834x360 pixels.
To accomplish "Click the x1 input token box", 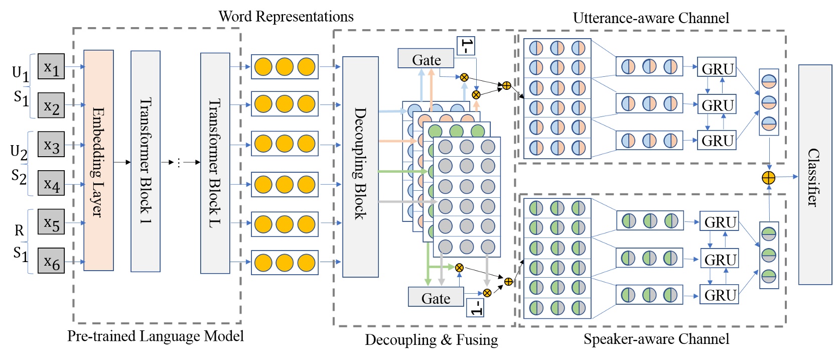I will (51, 67).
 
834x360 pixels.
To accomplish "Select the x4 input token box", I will (51, 184).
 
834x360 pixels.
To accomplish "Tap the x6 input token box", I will (51, 261).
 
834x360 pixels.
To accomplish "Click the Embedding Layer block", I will (98, 161).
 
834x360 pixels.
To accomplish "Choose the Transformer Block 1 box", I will (146, 161).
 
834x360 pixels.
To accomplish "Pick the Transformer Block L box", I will (215, 163).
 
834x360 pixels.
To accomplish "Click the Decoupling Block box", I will (360, 167).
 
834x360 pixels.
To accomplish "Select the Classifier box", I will (815, 175).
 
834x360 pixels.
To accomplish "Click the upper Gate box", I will (426, 59).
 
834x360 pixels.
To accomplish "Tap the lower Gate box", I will (436, 297).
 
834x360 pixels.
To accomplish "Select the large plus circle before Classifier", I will (768, 178).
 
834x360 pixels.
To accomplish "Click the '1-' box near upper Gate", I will (465, 46).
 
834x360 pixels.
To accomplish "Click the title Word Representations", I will (286, 17).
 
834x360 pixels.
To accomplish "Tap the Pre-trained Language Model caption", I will (156, 336).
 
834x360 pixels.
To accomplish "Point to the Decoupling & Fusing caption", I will (431, 340).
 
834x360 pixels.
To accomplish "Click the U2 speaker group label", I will (19, 151).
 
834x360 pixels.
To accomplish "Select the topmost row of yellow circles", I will (285, 67).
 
